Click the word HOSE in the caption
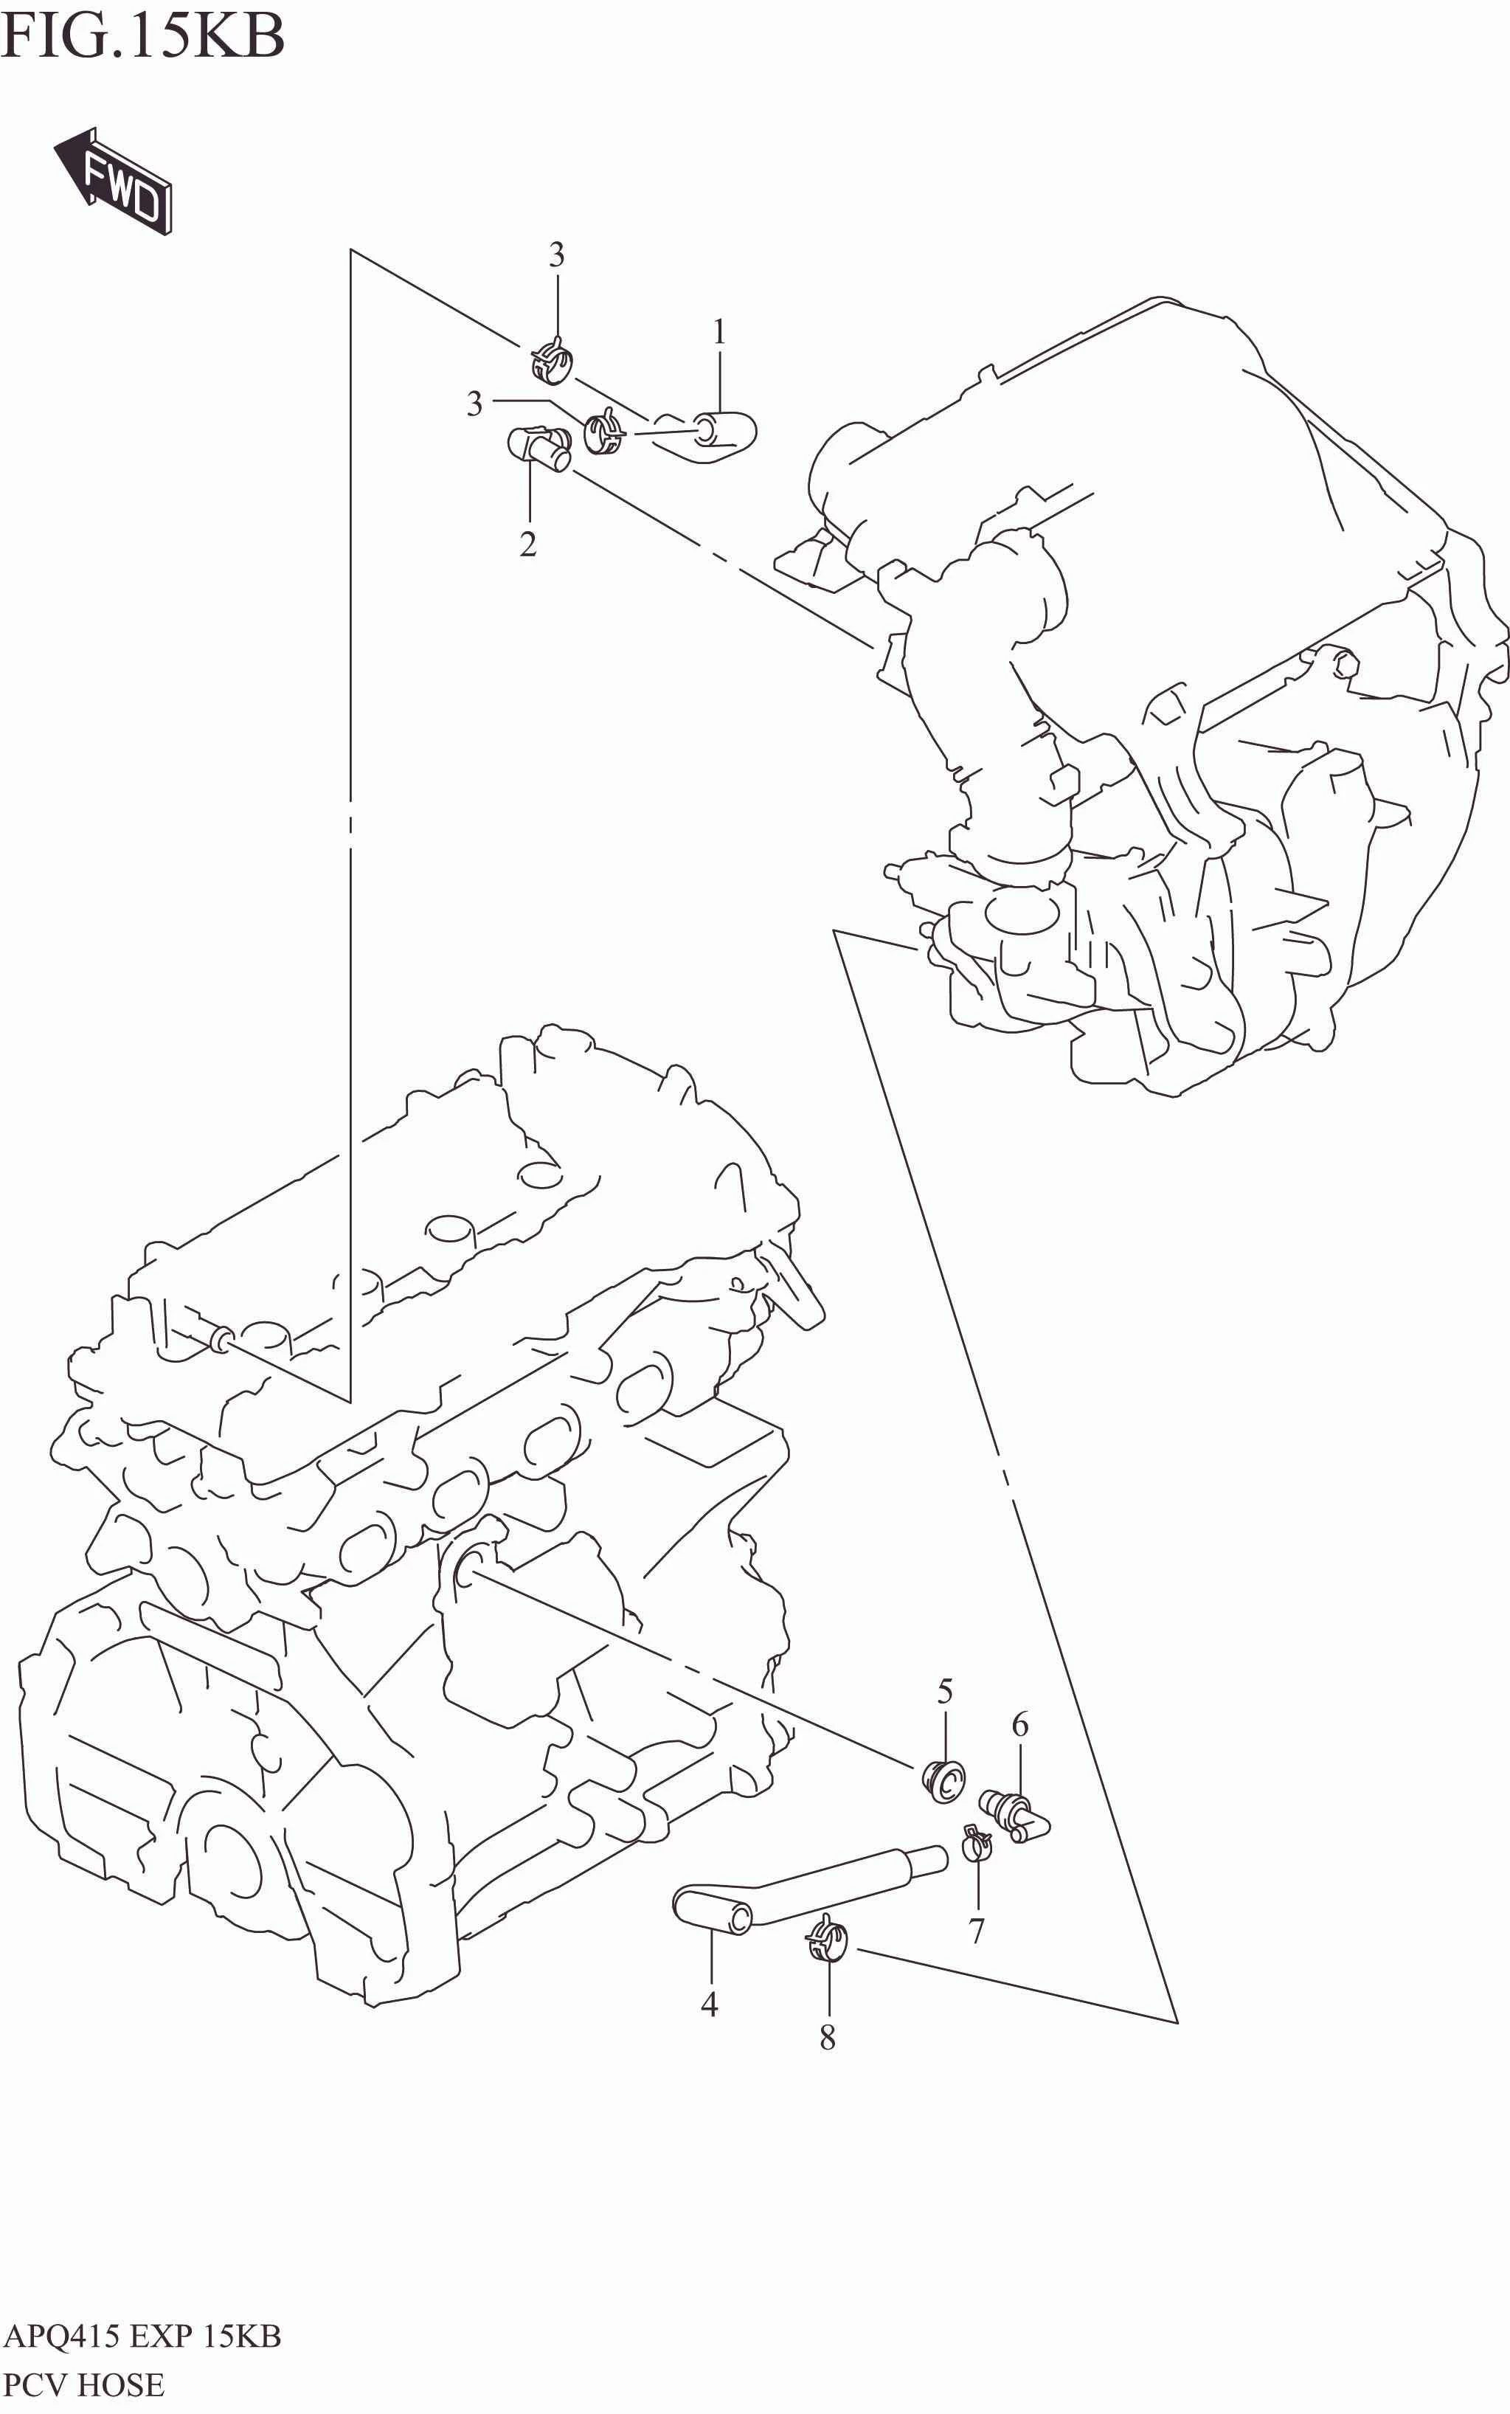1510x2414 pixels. pyautogui.click(x=120, y=2386)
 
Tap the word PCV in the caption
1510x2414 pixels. pyautogui.click(x=36, y=2386)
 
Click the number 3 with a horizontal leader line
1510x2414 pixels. pyautogui.click(x=474, y=404)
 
